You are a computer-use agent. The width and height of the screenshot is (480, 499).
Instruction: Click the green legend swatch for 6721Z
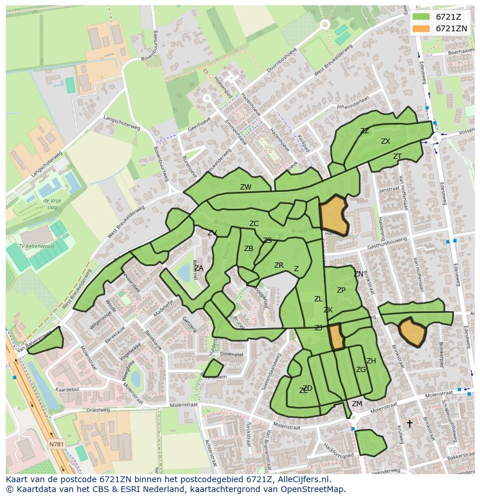pyautogui.click(x=421, y=16)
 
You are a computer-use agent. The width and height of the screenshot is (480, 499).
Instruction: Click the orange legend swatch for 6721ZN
pyautogui.click(x=421, y=28)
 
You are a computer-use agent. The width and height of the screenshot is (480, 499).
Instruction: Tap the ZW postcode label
pyautogui.click(x=246, y=187)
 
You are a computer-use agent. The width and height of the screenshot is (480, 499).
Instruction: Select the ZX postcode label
pyautogui.click(x=386, y=141)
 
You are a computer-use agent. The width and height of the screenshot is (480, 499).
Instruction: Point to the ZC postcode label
pyautogui.click(x=254, y=224)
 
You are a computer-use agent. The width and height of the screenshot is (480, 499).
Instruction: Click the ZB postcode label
pyautogui.click(x=249, y=249)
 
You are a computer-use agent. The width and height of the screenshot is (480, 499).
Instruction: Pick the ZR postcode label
pyautogui.click(x=279, y=265)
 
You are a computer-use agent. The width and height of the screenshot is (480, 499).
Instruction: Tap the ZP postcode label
pyautogui.click(x=341, y=290)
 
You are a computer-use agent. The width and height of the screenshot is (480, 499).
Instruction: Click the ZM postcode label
pyautogui.click(x=357, y=404)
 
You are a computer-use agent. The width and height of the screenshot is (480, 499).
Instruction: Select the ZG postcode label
pyautogui.click(x=361, y=370)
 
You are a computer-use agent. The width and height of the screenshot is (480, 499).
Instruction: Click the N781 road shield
pyautogui.click(x=56, y=445)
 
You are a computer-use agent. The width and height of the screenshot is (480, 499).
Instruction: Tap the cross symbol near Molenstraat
pyautogui.click(x=409, y=424)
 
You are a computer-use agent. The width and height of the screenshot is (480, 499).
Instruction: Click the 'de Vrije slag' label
pyautogui.click(x=52, y=203)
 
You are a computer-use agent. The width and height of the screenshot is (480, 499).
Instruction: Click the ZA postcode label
pyautogui.click(x=199, y=268)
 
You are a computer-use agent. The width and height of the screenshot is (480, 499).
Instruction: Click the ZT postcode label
pyautogui.click(x=397, y=156)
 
